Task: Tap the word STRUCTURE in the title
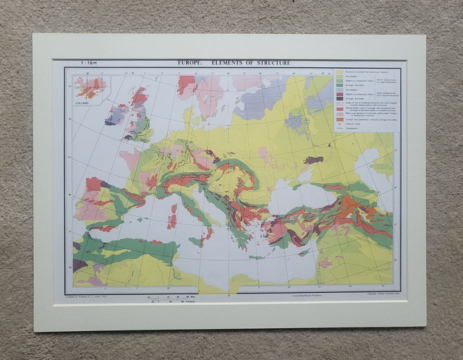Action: click(x=271, y=64)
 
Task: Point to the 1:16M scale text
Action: click(x=89, y=64)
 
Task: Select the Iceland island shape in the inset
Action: click(x=90, y=89)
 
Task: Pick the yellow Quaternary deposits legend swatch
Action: click(x=339, y=72)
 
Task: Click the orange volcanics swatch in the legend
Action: click(x=339, y=120)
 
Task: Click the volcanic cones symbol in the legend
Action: click(x=339, y=125)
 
